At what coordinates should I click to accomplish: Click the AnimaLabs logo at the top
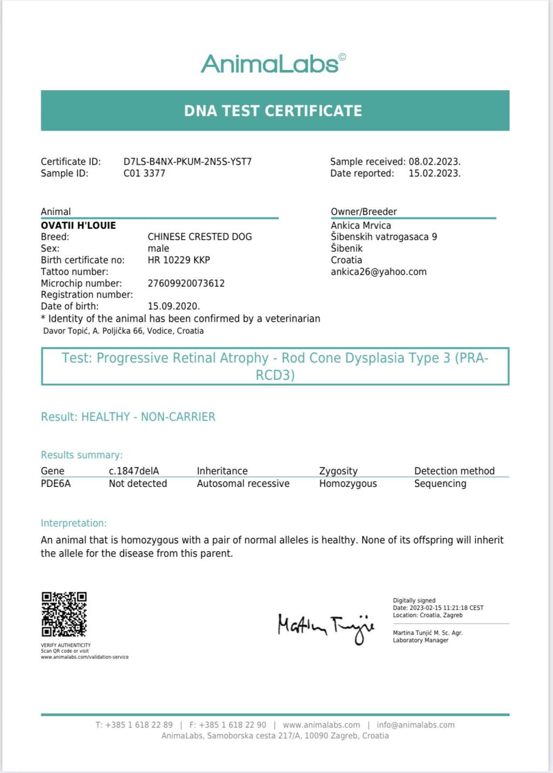pyautogui.click(x=273, y=64)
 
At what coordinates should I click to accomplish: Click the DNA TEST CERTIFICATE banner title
pyautogui.click(x=273, y=111)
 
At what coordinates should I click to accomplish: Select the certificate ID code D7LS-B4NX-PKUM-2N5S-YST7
pyautogui.click(x=187, y=161)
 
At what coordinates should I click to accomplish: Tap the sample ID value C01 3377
pyautogui.click(x=144, y=173)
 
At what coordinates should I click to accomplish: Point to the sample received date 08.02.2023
pyautogui.click(x=434, y=161)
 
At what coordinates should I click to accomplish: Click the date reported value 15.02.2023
pyautogui.click(x=434, y=173)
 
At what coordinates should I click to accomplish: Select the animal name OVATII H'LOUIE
pyautogui.click(x=78, y=225)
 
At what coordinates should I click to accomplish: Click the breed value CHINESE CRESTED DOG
pyautogui.click(x=200, y=236)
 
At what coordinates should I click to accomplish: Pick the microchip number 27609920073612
pyautogui.click(x=186, y=283)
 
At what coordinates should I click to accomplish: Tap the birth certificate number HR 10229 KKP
pyautogui.click(x=179, y=260)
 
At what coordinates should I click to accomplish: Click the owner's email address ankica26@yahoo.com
pyautogui.click(x=379, y=272)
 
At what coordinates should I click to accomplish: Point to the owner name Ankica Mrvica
pyautogui.click(x=361, y=225)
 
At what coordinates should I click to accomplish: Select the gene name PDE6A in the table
pyautogui.click(x=56, y=484)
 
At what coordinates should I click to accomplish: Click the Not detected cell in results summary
pyautogui.click(x=138, y=484)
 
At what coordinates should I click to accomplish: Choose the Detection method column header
pyautogui.click(x=454, y=471)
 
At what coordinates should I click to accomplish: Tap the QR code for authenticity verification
pyautogui.click(x=64, y=614)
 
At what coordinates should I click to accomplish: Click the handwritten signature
pyautogui.click(x=326, y=626)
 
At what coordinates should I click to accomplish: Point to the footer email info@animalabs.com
pyautogui.click(x=415, y=725)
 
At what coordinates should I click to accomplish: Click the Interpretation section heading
pyautogui.click(x=73, y=523)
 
